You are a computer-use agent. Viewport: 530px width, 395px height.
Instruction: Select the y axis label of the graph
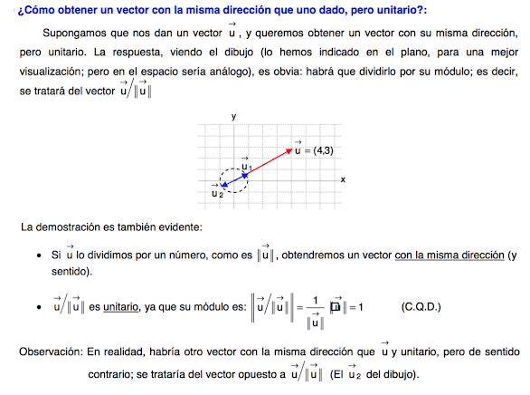[233, 118]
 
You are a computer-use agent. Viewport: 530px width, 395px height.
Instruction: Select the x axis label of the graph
[343, 180]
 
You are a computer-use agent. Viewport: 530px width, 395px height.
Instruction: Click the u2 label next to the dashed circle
[216, 191]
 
